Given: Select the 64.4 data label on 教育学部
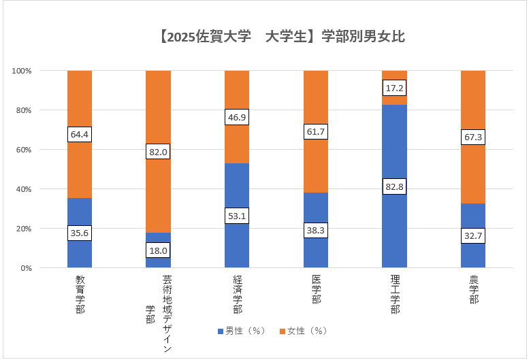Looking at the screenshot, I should click(80, 134).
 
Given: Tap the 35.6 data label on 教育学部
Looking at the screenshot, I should click(80, 233).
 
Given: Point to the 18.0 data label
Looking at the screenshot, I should click(158, 250).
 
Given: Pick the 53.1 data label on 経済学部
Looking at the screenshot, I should click(237, 216).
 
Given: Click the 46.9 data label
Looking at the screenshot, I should click(237, 117).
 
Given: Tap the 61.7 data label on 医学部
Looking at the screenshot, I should click(315, 131).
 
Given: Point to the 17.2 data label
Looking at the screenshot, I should click(394, 88).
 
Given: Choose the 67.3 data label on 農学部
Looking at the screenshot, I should click(473, 138).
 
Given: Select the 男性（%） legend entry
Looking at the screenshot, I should click(242, 331).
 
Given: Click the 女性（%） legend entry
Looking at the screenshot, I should click(304, 331).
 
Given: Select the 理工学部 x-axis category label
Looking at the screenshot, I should click(395, 294).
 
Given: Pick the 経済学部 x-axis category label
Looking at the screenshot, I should click(237, 294).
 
